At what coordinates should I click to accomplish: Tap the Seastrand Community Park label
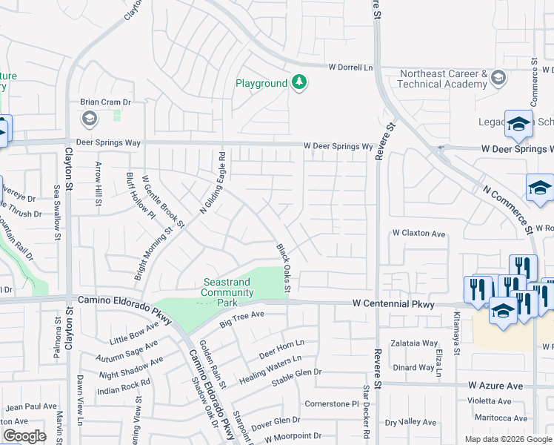(229, 288)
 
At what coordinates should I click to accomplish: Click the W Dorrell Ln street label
(350, 67)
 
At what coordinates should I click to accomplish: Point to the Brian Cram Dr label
(105, 102)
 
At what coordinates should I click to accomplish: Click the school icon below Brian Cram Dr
(89, 119)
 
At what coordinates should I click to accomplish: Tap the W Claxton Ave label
(418, 233)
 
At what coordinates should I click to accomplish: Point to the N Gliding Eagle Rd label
(212, 183)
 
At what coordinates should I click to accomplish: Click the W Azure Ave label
(495, 386)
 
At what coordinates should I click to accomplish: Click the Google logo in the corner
(24, 436)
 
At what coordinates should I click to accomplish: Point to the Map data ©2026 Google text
(507, 439)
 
